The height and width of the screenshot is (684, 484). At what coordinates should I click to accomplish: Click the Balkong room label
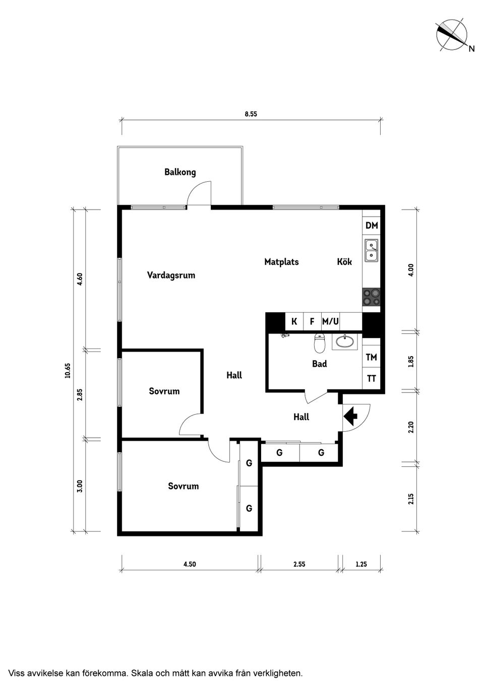click(x=180, y=172)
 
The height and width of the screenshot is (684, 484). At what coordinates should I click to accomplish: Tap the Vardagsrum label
click(x=171, y=276)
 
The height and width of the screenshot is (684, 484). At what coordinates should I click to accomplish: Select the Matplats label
click(x=281, y=262)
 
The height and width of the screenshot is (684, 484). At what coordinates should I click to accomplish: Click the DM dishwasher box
click(x=372, y=226)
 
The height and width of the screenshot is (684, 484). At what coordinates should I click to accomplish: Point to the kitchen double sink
click(x=372, y=251)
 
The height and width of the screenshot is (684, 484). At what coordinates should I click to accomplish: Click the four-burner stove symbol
click(x=372, y=297)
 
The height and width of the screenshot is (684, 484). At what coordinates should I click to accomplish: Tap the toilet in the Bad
click(x=320, y=344)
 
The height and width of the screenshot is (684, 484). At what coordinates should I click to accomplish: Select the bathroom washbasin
click(x=345, y=341)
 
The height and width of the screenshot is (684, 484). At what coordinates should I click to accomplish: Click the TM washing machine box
click(x=372, y=358)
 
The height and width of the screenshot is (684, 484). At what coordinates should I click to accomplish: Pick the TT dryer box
click(x=372, y=379)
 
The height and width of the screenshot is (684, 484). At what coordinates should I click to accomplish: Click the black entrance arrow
click(x=351, y=416)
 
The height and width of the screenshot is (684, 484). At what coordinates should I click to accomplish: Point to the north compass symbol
click(x=451, y=35)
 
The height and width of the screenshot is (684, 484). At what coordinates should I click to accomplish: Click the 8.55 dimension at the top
click(x=251, y=114)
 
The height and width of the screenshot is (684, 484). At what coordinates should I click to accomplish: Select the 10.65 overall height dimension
click(x=68, y=370)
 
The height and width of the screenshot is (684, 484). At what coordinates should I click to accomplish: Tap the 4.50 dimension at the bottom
click(x=190, y=565)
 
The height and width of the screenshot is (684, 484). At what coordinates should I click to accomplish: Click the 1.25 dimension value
click(x=361, y=565)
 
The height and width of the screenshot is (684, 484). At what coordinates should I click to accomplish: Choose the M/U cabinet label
click(x=330, y=321)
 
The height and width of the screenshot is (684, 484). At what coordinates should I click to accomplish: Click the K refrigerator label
click(x=294, y=321)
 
